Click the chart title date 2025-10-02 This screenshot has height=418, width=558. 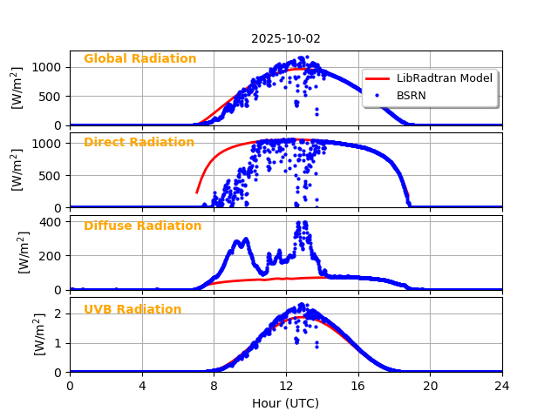pyautogui.click(x=286, y=38)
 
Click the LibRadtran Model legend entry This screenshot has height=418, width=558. pyautogui.click(x=444, y=78)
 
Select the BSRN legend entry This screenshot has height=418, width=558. pyautogui.click(x=411, y=96)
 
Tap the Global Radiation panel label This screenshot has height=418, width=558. pyautogui.click(x=139, y=59)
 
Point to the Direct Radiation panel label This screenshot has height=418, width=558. pyautogui.click(x=139, y=143)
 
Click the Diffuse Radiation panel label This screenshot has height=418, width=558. pyautogui.click(x=142, y=226)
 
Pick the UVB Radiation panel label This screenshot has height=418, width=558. pyautogui.click(x=133, y=310)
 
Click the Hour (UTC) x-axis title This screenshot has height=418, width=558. pyautogui.click(x=286, y=403)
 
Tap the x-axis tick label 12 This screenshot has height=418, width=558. pyautogui.click(x=286, y=385)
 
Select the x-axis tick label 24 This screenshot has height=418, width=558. pyautogui.click(x=502, y=385)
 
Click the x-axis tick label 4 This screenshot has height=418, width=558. pyautogui.click(x=142, y=385)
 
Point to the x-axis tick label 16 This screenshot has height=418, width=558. pyautogui.click(x=358, y=385)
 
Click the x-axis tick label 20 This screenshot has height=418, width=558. pyautogui.click(x=430, y=385)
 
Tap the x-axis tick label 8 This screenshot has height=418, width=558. pyautogui.click(x=214, y=385)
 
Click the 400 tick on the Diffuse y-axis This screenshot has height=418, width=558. pyautogui.click(x=49, y=222)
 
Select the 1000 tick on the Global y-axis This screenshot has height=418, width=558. pyautogui.click(x=46, y=67)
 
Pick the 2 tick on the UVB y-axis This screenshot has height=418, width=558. pyautogui.click(x=58, y=313)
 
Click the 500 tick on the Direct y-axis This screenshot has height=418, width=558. pyautogui.click(x=49, y=175)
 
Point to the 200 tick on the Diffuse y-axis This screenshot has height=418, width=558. pyautogui.click(x=49, y=256)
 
